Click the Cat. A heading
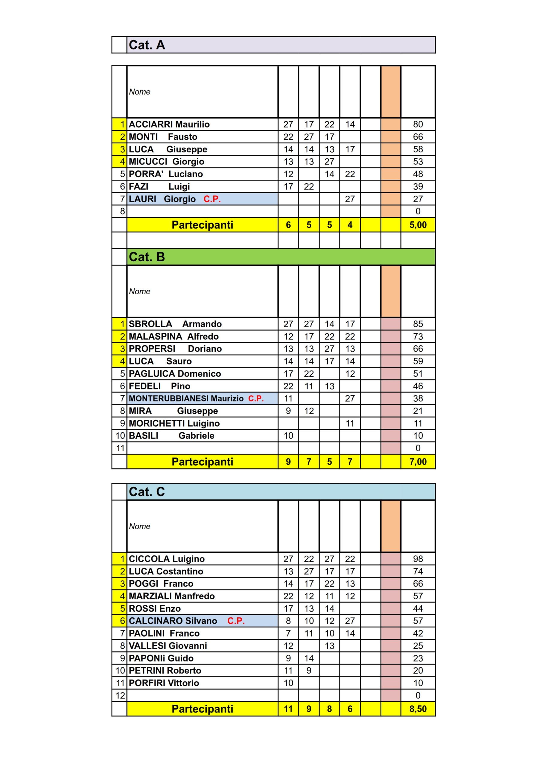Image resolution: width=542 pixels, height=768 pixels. (147, 45)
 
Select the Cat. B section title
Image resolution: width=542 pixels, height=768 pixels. (147, 256)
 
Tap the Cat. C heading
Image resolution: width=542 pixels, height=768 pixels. (147, 491)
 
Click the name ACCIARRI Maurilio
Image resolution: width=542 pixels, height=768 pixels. (169, 124)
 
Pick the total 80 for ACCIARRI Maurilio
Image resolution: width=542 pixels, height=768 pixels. (418, 124)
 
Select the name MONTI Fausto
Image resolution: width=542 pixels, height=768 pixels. (163, 136)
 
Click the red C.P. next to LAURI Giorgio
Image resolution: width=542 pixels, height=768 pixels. (212, 199)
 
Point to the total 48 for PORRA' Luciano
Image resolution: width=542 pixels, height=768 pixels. (418, 174)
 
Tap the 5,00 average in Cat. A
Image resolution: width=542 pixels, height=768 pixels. (418, 225)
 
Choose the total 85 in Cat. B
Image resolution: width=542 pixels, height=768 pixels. (418, 324)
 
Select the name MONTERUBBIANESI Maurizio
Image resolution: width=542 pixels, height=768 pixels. (186, 398)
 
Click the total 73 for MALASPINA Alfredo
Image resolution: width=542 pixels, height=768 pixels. (418, 336)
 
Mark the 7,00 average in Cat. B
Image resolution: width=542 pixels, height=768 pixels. (418, 462)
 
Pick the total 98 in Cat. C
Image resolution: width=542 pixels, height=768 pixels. (418, 559)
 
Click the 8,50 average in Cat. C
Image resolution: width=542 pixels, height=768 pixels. (418, 709)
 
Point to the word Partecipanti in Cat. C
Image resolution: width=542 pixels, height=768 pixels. (202, 709)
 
